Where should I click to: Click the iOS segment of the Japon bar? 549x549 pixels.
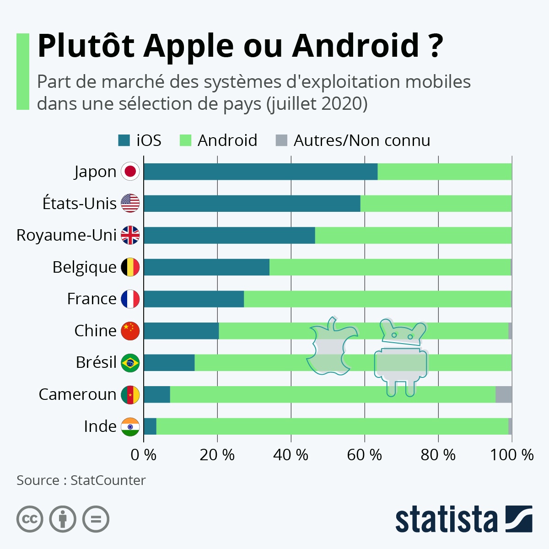click(261, 172)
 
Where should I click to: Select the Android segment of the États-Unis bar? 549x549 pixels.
click(436, 204)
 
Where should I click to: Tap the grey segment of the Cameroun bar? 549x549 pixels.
click(504, 394)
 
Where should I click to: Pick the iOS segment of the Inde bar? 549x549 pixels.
click(150, 426)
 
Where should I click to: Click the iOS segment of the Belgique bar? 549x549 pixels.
click(206, 267)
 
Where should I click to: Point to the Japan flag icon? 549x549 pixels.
click(130, 171)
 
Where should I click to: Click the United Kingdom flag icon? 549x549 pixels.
click(130, 235)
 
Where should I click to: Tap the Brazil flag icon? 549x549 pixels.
click(130, 363)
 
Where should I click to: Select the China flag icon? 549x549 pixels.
click(130, 331)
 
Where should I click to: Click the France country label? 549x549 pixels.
click(92, 299)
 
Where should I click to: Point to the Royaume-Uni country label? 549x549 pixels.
click(66, 236)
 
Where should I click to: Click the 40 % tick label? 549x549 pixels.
click(291, 455)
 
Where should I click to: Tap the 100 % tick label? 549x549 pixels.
click(511, 455)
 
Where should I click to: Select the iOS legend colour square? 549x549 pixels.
click(124, 140)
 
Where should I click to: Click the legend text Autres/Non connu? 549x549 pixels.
click(362, 140)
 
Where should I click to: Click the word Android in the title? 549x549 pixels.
click(355, 46)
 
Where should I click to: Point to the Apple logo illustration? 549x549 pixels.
click(332, 346)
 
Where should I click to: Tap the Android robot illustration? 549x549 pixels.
click(401, 358)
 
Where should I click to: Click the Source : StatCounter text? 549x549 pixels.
click(81, 480)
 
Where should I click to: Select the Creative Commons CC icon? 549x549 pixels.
click(30, 519)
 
